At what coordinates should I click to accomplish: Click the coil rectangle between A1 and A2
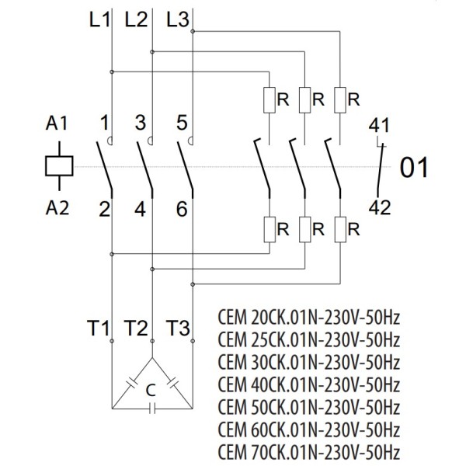60,165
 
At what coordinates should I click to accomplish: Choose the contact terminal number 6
181,209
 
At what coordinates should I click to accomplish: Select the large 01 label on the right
413,168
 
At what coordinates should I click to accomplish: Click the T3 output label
179,329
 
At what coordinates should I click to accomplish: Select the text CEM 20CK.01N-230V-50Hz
309,319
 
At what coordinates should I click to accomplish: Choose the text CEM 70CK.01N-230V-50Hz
309,451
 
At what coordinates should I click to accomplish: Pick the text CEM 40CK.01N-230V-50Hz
309,385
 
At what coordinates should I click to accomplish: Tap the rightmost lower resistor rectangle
342,230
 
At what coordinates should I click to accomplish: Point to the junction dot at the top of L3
192,31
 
